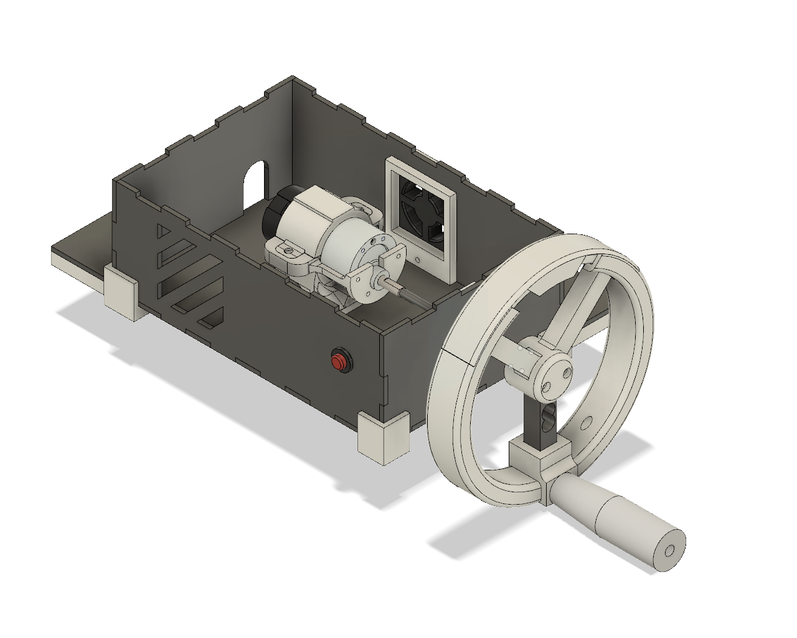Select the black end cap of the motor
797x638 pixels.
pos(274,212)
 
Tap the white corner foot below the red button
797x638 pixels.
pos(383,437)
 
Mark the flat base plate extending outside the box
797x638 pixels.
pos(81,246)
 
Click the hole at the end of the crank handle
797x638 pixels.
pos(670,551)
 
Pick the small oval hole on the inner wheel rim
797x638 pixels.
pos(587,423)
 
